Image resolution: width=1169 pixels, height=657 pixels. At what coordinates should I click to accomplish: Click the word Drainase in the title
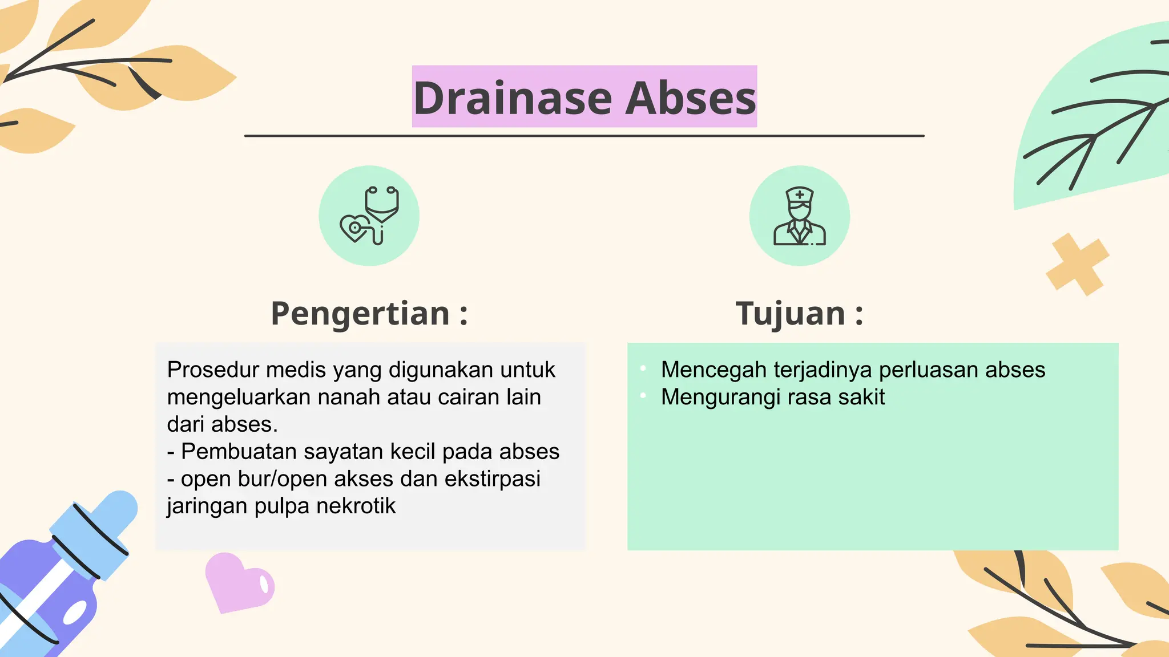pos(513,98)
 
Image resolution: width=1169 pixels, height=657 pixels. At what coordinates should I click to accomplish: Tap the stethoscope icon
pos(369,216)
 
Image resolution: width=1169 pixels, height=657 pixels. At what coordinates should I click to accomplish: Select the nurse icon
pos(799,216)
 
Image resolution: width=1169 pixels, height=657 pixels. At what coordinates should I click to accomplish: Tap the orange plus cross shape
pos(1077,264)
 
